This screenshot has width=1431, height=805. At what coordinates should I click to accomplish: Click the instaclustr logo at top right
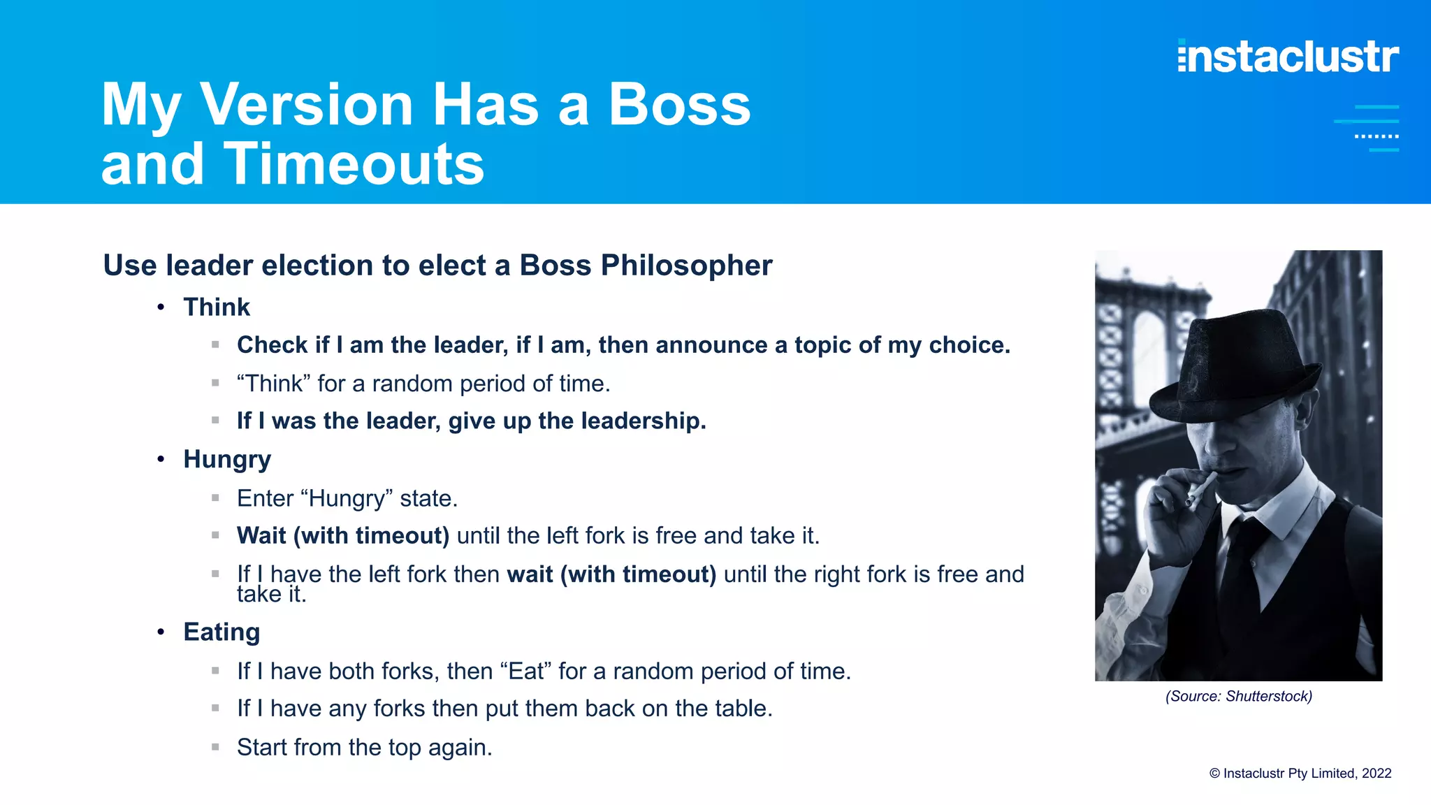tap(1288, 57)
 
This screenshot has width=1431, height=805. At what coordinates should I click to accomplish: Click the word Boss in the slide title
tap(679, 105)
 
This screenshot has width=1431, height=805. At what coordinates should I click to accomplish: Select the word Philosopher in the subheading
tap(686, 266)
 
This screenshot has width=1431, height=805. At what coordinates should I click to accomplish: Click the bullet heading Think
tap(216, 307)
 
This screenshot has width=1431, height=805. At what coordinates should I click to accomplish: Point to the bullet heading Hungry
tap(226, 459)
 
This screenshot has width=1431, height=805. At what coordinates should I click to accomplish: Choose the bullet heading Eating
tap(221, 632)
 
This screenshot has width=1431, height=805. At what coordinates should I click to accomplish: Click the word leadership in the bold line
tap(643, 421)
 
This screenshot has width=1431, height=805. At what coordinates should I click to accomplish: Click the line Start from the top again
tap(364, 748)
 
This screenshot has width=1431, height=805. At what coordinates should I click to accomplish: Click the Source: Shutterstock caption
tap(1238, 696)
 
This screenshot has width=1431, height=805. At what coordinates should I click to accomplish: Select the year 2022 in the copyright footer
tap(1376, 774)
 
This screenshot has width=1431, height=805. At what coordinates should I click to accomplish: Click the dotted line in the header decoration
tap(1376, 136)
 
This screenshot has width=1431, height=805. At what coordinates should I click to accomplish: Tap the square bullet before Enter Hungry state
tap(215, 498)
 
